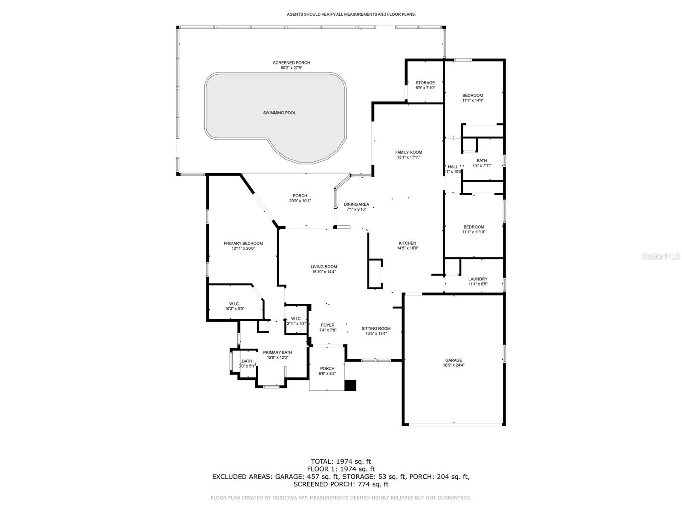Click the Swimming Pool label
(279, 113)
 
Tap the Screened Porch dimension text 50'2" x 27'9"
(292, 68)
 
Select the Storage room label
(425, 83)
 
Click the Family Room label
(408, 152)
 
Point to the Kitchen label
(407, 243)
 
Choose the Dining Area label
(356, 204)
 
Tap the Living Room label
(324, 267)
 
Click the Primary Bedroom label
(243, 243)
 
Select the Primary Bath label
(277, 352)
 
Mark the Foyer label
(328, 325)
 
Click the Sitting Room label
(376, 329)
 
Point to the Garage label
(454, 360)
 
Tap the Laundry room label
(478, 279)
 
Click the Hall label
(453, 167)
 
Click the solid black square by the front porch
(350, 385)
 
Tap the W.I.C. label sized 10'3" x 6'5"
(234, 304)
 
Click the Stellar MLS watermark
(661, 256)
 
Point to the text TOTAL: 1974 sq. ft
(341, 461)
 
